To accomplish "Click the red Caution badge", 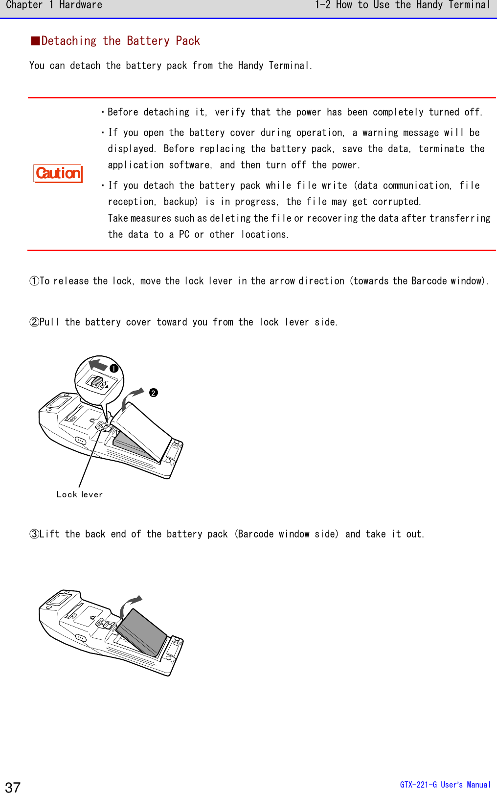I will [58, 173].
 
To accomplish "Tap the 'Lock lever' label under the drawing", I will [79, 494].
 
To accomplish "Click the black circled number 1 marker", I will [114, 369].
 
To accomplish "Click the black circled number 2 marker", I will [154, 393].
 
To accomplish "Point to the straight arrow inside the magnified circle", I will [98, 365].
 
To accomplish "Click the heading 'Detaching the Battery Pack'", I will [120, 41].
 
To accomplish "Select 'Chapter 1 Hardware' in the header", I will [54, 5].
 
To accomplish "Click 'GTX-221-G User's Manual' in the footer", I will [445, 785].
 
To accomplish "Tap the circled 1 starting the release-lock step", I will [34, 281].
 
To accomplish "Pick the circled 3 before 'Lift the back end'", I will [34, 534].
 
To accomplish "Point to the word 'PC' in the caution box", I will [184, 234].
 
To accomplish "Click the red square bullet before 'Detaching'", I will [35, 41].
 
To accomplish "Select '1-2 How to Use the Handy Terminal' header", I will [402, 5].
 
